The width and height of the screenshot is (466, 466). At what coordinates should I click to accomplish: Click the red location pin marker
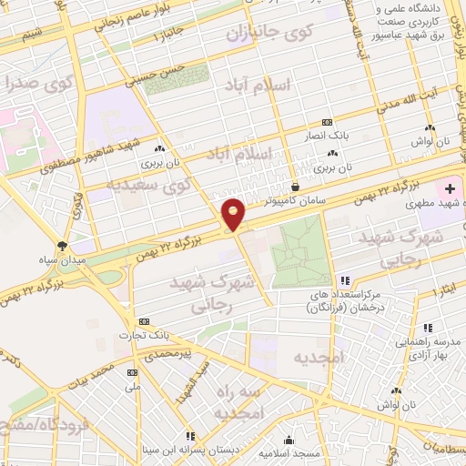click(x=234, y=215)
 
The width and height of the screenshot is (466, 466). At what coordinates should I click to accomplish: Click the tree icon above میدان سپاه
click(x=62, y=246)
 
